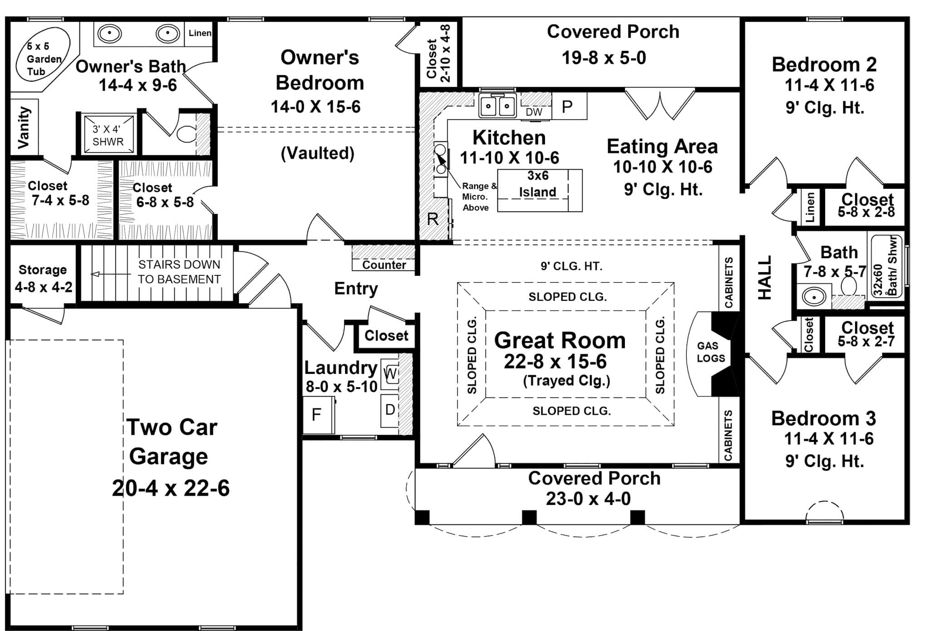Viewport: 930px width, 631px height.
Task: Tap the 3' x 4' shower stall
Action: coord(108,135)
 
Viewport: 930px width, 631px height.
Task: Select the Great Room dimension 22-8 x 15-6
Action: coord(555,362)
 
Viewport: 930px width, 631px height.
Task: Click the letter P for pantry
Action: coord(567,107)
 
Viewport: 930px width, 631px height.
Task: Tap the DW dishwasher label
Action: coord(534,112)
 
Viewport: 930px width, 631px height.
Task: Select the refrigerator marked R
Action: coord(432,220)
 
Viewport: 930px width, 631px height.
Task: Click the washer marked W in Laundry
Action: coord(390,374)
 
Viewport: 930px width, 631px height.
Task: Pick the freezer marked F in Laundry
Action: coord(317,415)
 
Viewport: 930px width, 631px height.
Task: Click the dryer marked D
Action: coord(390,410)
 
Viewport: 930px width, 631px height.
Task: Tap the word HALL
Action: coord(765,278)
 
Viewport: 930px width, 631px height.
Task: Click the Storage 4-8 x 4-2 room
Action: coord(43,278)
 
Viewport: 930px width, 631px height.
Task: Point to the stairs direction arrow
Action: coord(95,274)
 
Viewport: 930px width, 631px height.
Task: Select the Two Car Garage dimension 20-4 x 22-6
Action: coord(171,488)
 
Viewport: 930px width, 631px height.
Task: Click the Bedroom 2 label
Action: coord(824,65)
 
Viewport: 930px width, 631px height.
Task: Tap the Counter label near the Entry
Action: coord(384,265)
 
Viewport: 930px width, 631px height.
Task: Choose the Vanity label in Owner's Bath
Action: coord(24,127)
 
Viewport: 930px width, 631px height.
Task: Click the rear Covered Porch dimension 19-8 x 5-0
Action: coord(604,58)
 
